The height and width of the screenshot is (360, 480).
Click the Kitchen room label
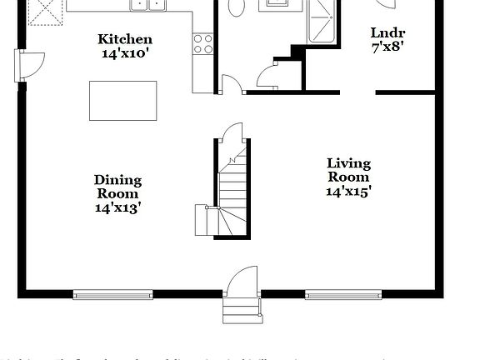125,39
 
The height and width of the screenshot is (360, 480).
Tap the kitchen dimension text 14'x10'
125,52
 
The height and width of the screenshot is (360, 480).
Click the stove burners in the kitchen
202,43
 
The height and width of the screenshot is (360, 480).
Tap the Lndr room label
387,33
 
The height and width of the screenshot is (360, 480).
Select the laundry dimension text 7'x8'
387,47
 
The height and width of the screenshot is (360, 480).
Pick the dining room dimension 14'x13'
117,207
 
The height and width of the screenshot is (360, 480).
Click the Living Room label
348,170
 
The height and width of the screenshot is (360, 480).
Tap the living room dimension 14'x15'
348,191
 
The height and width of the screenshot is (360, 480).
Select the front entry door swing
242,281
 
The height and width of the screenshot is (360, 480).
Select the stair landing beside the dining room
206,220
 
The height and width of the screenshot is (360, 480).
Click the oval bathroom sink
236,7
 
